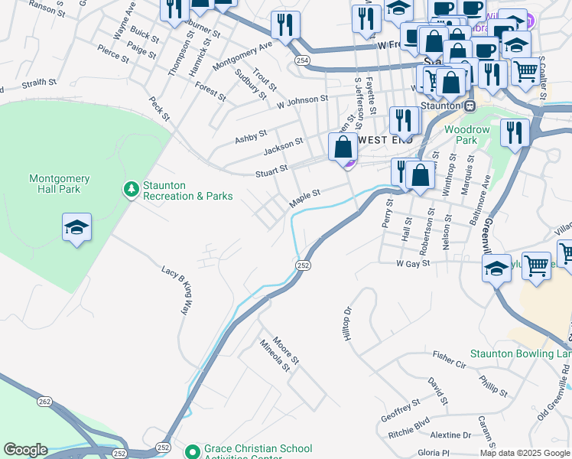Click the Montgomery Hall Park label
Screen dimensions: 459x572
coord(59,184)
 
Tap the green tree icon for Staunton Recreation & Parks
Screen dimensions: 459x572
coord(131,188)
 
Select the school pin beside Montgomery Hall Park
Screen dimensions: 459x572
coord(76,227)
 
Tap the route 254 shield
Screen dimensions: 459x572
coord(304,60)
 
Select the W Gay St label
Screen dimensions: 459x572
coord(414,262)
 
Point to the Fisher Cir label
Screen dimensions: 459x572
coord(449,357)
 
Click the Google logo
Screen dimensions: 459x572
coord(26,449)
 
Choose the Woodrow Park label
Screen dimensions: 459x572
coord(466,135)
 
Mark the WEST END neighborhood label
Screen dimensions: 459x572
coord(385,140)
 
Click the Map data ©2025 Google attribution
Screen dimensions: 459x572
coord(525,453)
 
